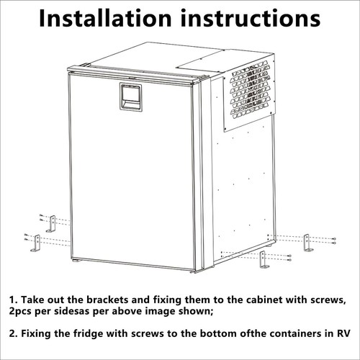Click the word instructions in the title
click(x=253, y=19)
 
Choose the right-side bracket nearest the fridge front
click(x=264, y=261)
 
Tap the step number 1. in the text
click(x=13, y=298)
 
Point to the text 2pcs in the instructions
click(x=24, y=311)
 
